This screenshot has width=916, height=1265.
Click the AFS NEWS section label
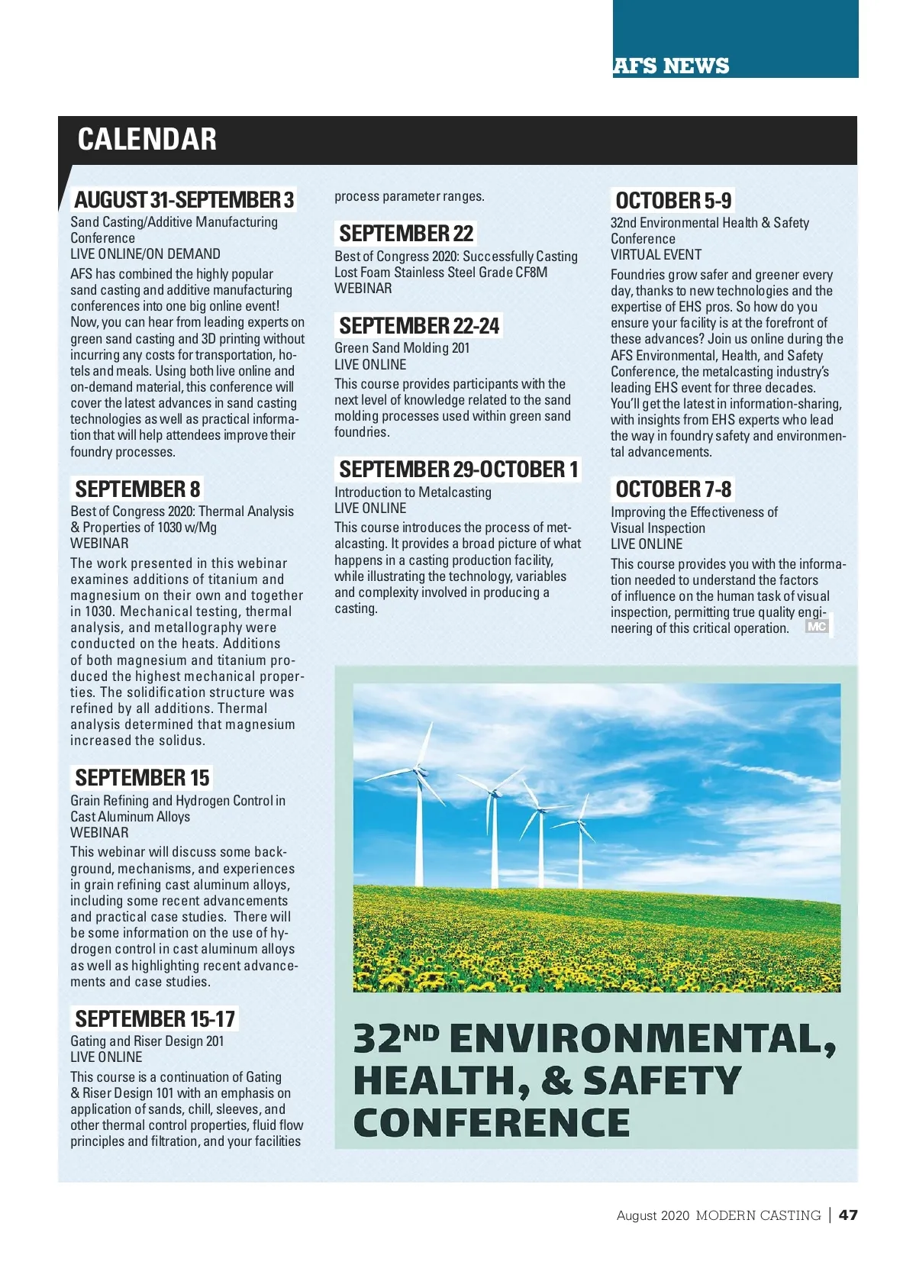pyautogui.click(x=671, y=66)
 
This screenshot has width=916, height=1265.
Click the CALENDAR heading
pyautogui.click(x=147, y=140)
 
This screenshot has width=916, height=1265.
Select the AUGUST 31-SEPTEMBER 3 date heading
pyautogui.click(x=184, y=200)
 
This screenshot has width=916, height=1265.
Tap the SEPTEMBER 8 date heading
pyautogui.click(x=137, y=489)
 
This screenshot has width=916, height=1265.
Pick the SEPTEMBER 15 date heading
pyautogui.click(x=142, y=778)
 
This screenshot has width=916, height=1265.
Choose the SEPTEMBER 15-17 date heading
pyautogui.click(x=155, y=1018)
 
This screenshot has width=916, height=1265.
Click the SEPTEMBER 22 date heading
pyautogui.click(x=406, y=234)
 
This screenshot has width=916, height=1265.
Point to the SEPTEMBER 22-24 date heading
pyautogui.click(x=419, y=326)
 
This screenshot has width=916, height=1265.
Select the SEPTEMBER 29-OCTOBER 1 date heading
pyautogui.click(x=459, y=470)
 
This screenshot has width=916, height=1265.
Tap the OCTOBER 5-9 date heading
pyautogui.click(x=673, y=201)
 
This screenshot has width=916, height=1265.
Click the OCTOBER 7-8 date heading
pyautogui.click(x=673, y=489)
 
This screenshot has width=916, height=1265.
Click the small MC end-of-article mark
pyautogui.click(x=817, y=627)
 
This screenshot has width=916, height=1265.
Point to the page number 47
pyautogui.click(x=848, y=1215)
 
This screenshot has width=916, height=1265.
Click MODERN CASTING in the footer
pyautogui.click(x=758, y=1215)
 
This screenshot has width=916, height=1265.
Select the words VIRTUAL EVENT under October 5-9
pyautogui.click(x=656, y=255)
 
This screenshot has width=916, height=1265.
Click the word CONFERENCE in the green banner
pyautogui.click(x=492, y=1123)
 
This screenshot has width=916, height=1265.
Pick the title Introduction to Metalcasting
pyautogui.click(x=413, y=492)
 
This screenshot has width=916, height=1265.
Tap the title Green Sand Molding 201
pyautogui.click(x=402, y=348)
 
